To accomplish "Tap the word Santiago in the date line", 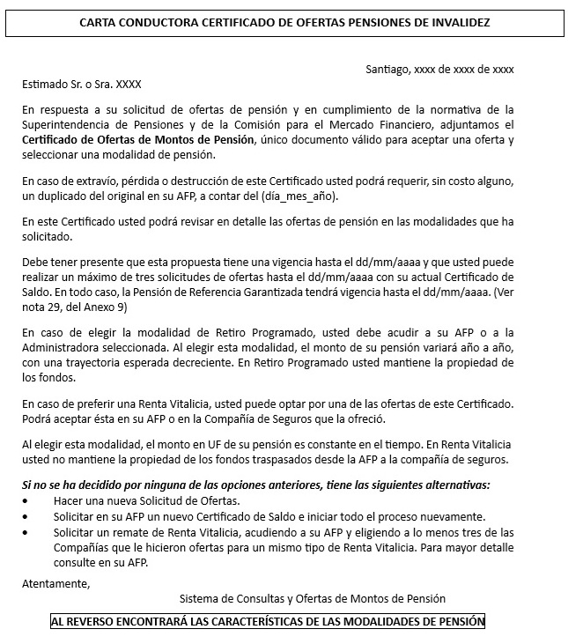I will [x=387, y=69].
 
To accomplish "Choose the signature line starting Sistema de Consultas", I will [x=312, y=600].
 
